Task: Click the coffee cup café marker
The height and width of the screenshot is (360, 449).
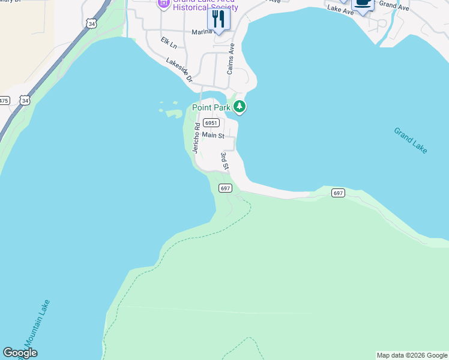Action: tap(363, 3)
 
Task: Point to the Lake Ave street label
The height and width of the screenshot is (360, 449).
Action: tap(340, 11)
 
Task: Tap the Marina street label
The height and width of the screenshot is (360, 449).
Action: tap(203, 32)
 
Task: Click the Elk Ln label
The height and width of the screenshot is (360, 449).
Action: tap(169, 43)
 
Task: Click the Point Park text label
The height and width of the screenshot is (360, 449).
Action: tap(211, 107)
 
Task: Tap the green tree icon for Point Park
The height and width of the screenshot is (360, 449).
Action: tap(240, 107)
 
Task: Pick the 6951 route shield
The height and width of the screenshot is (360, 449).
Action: tap(209, 122)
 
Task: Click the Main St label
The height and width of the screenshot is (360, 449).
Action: tap(213, 136)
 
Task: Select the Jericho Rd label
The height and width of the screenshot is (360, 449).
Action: tap(196, 138)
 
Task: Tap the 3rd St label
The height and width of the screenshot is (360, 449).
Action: tap(225, 160)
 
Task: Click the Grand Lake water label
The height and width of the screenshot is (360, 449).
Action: tap(411, 140)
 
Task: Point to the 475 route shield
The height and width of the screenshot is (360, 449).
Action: tap(4, 101)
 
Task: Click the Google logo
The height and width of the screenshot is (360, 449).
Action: tap(20, 353)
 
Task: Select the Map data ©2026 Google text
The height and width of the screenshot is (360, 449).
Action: tap(412, 355)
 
